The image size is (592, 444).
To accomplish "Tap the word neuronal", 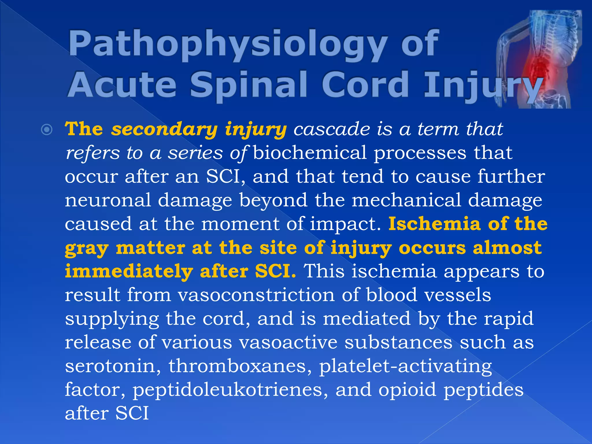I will pyautogui.click(x=108, y=200).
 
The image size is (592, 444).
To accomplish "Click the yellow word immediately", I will pyautogui.click(x=129, y=272).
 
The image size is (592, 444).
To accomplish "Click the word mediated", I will pyautogui.click(x=367, y=319).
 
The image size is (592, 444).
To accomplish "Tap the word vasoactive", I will pyautogui.click(x=288, y=343).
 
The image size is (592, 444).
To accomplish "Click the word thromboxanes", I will pyautogui.click(x=240, y=366).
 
